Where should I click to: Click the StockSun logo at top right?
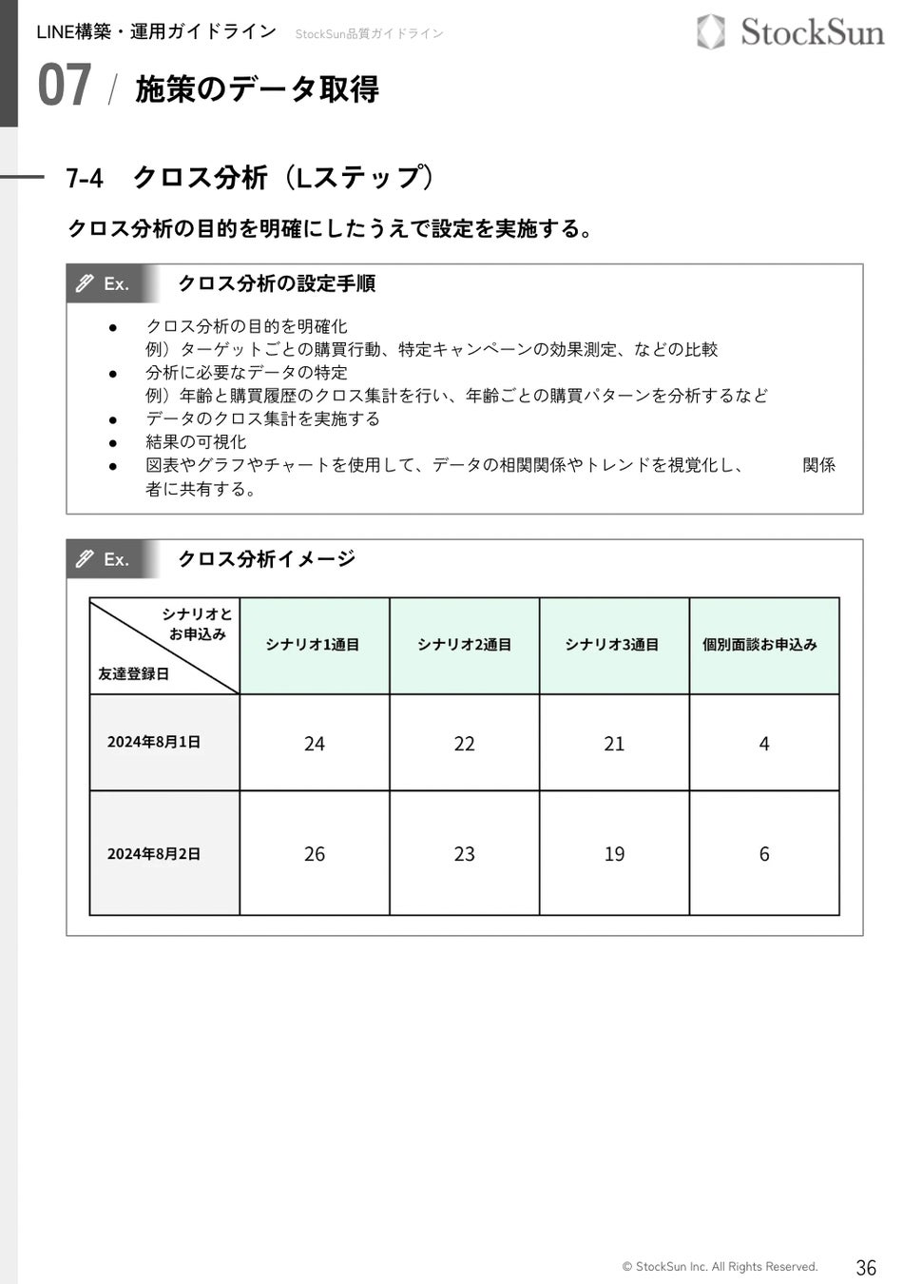(x=791, y=32)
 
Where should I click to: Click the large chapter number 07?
(x=65, y=86)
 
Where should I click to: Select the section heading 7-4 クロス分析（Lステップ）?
(x=250, y=178)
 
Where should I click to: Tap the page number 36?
(x=866, y=1267)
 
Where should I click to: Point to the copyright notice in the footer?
(x=720, y=1267)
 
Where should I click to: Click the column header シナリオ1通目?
(x=313, y=645)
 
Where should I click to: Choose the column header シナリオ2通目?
(x=464, y=645)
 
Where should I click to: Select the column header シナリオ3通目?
(x=612, y=645)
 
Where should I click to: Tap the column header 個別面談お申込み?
(x=759, y=645)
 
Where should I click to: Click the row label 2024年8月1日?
(x=154, y=742)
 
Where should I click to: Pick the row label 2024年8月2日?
(x=154, y=854)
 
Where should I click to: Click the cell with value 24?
(x=314, y=744)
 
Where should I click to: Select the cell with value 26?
(x=314, y=854)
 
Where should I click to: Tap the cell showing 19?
(x=614, y=854)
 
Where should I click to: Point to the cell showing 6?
(x=764, y=854)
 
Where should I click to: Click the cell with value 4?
(x=764, y=744)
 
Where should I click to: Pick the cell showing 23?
(x=464, y=854)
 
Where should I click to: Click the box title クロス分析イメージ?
(x=267, y=559)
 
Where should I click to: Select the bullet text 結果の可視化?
(x=196, y=442)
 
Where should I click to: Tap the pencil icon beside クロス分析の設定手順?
(x=86, y=283)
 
